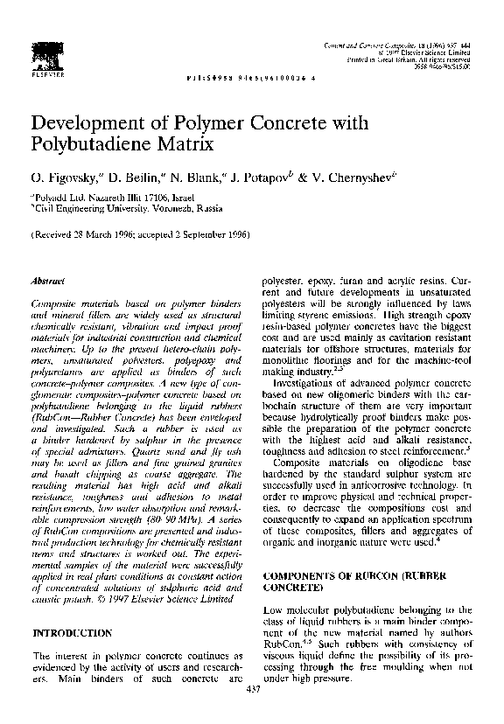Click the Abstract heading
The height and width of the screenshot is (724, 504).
point(45,282)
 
